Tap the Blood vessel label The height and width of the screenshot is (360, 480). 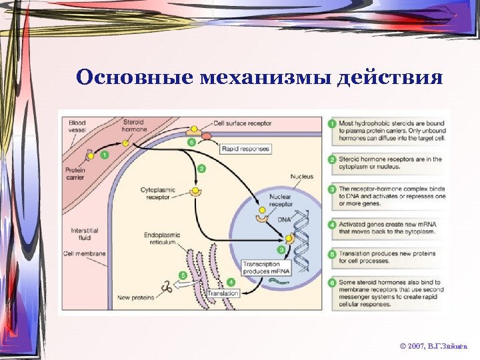pyautogui.click(x=77, y=127)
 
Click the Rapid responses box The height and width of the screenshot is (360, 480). pyautogui.click(x=245, y=149)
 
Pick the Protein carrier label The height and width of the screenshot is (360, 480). pyautogui.click(x=75, y=174)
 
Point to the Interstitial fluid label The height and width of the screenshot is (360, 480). pyautogui.click(x=85, y=235)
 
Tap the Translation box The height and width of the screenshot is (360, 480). pyautogui.click(x=223, y=293)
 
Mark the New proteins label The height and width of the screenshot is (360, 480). pyautogui.click(x=136, y=297)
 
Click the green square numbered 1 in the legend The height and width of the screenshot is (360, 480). pyautogui.click(x=332, y=124)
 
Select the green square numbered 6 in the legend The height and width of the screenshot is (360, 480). pyautogui.click(x=332, y=283)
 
